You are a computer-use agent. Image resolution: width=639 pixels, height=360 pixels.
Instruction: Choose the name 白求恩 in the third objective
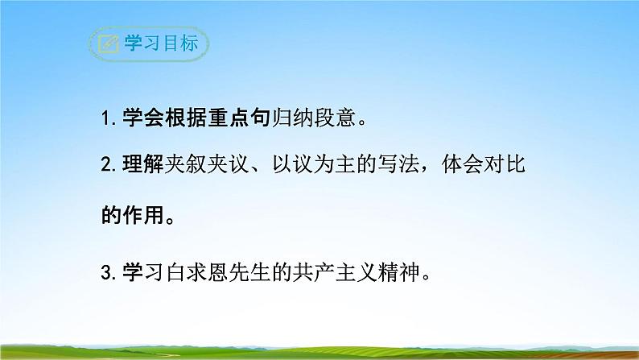(x=203, y=271)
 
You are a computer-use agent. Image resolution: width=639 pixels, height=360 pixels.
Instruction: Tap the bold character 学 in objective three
(x=132, y=271)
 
